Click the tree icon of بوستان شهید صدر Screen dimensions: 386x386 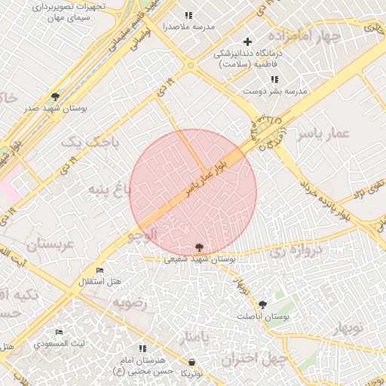[x=55, y=96]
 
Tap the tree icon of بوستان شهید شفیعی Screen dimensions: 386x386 [x=199, y=247]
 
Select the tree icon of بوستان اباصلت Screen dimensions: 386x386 [x=262, y=305]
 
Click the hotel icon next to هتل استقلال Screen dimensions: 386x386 [x=100, y=270]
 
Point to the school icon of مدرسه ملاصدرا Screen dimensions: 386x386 [x=188, y=15]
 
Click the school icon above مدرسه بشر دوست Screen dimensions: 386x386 [x=274, y=79]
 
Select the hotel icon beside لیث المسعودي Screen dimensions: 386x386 [x=60, y=332]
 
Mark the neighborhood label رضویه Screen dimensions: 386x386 [x=132, y=302]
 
